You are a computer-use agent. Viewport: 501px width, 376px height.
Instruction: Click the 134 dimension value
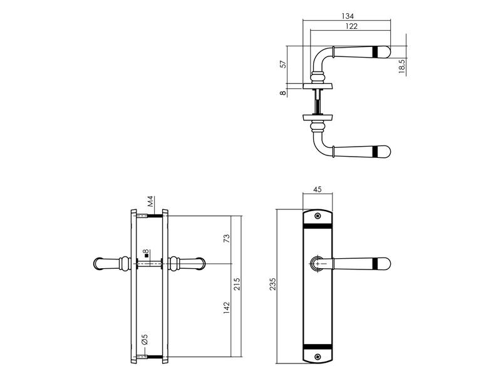click(x=348, y=16)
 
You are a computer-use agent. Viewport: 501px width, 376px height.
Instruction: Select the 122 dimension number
click(x=351, y=26)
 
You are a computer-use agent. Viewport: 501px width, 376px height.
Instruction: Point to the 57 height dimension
click(x=283, y=64)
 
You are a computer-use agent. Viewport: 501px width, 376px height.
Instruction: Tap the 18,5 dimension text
click(x=402, y=66)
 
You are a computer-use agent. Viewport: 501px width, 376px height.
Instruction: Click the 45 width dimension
click(x=318, y=189)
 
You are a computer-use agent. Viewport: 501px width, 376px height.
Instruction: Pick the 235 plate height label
click(x=272, y=285)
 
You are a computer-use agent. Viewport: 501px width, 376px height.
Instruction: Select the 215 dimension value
click(x=237, y=284)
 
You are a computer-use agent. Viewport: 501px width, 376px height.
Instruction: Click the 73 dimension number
click(x=226, y=239)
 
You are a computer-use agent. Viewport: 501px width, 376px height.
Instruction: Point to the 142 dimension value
click(x=227, y=308)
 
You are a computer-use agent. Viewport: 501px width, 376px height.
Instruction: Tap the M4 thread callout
click(x=151, y=201)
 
